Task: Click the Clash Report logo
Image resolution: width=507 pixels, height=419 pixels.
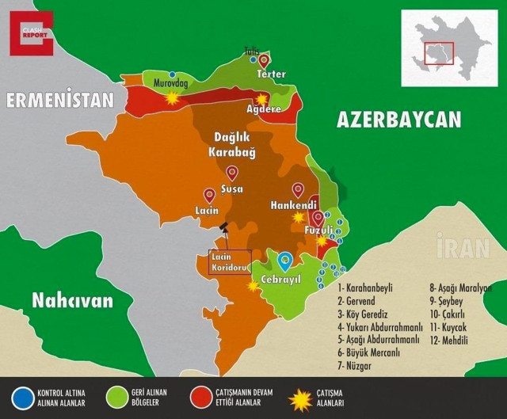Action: click(32, 32)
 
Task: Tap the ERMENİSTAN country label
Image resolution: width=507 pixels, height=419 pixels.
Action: click(60, 101)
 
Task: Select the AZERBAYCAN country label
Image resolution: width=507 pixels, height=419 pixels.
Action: click(398, 120)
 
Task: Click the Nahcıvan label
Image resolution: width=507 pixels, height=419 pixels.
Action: click(72, 300)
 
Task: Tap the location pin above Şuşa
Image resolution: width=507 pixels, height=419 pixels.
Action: click(232, 173)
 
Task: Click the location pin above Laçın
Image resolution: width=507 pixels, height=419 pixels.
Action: click(210, 195)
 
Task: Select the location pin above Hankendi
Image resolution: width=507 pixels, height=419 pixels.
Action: click(298, 190)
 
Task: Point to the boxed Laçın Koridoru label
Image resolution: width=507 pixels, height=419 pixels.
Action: click(230, 262)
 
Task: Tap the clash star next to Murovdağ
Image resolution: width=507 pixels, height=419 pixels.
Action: click(172, 97)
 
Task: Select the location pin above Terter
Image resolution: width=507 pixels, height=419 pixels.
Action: click(264, 59)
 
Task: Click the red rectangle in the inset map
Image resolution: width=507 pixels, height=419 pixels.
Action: click(438, 54)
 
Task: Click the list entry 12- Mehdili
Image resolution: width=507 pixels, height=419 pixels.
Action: click(448, 340)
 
